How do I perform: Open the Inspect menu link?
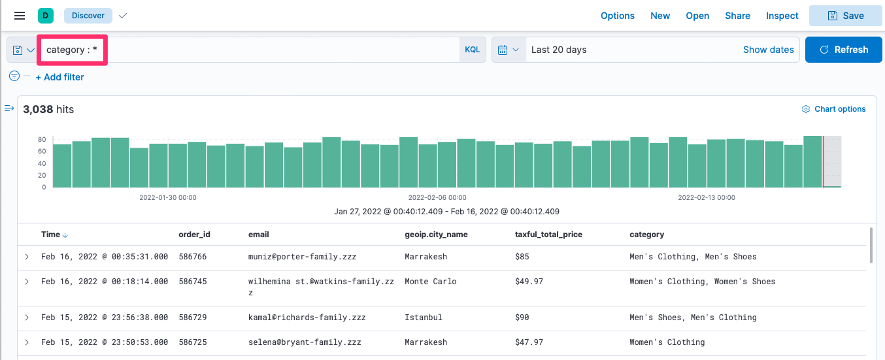coord(782,16)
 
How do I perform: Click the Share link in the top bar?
coord(737,16)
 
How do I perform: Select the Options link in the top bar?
coord(617,16)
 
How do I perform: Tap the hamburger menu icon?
coord(20,16)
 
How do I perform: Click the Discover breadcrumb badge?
coord(88,16)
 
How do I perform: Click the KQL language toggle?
coord(472,50)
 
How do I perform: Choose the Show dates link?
coord(768,50)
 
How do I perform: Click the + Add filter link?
coord(59,77)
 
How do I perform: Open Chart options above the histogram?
coord(834,109)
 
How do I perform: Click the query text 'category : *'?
coord(72,50)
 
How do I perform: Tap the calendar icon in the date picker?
coord(503,50)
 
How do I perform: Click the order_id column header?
coord(194,235)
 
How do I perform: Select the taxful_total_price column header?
coord(548,235)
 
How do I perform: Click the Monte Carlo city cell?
coord(430,282)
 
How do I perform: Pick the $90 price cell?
coord(522,318)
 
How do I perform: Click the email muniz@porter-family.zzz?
coord(302,257)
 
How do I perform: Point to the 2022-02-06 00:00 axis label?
coord(437,197)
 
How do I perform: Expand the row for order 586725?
coord(27,342)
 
